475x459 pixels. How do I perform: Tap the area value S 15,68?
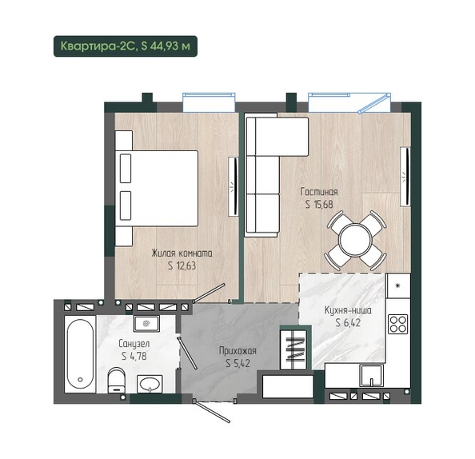tap(319, 205)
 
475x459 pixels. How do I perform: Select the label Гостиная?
tap(319, 192)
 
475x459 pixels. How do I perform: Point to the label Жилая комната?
tap(182, 253)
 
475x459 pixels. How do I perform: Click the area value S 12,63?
tap(182, 265)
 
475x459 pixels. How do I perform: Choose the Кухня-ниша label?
tap(348, 310)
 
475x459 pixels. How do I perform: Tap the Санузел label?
tap(134, 344)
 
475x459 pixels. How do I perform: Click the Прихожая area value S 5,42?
tap(237, 363)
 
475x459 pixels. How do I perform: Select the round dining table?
tap(355, 240)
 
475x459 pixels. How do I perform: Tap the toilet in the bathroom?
tap(116, 380)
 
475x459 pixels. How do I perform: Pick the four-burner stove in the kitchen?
tap(398, 324)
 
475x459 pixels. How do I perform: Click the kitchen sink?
tap(371, 375)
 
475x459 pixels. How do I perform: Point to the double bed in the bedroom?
tap(157, 188)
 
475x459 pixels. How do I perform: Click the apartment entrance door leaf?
tap(212, 412)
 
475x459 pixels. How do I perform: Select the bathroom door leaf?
tap(188, 353)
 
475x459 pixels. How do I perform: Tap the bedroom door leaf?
tap(210, 293)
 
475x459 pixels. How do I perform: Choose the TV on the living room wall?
tap(405, 177)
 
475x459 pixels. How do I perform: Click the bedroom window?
tap(209, 103)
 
